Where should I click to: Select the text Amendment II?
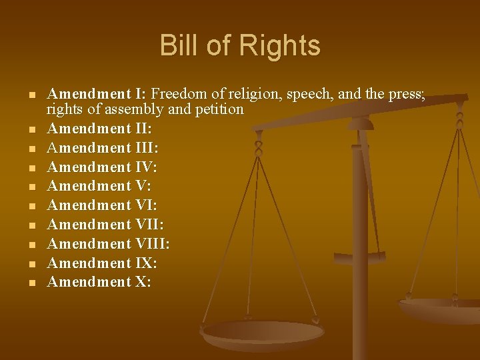click(x=99, y=128)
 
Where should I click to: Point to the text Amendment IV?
click(x=102, y=167)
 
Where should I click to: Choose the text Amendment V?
click(x=99, y=186)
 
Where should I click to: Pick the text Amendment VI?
click(x=102, y=205)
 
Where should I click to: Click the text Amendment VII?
click(x=105, y=225)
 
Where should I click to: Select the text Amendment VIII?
click(x=108, y=244)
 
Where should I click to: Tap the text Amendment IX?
click(x=102, y=263)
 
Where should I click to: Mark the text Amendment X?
click(x=99, y=282)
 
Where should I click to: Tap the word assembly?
click(x=138, y=109)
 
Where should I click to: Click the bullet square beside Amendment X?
click(x=31, y=283)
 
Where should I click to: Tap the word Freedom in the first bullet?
click(x=178, y=93)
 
